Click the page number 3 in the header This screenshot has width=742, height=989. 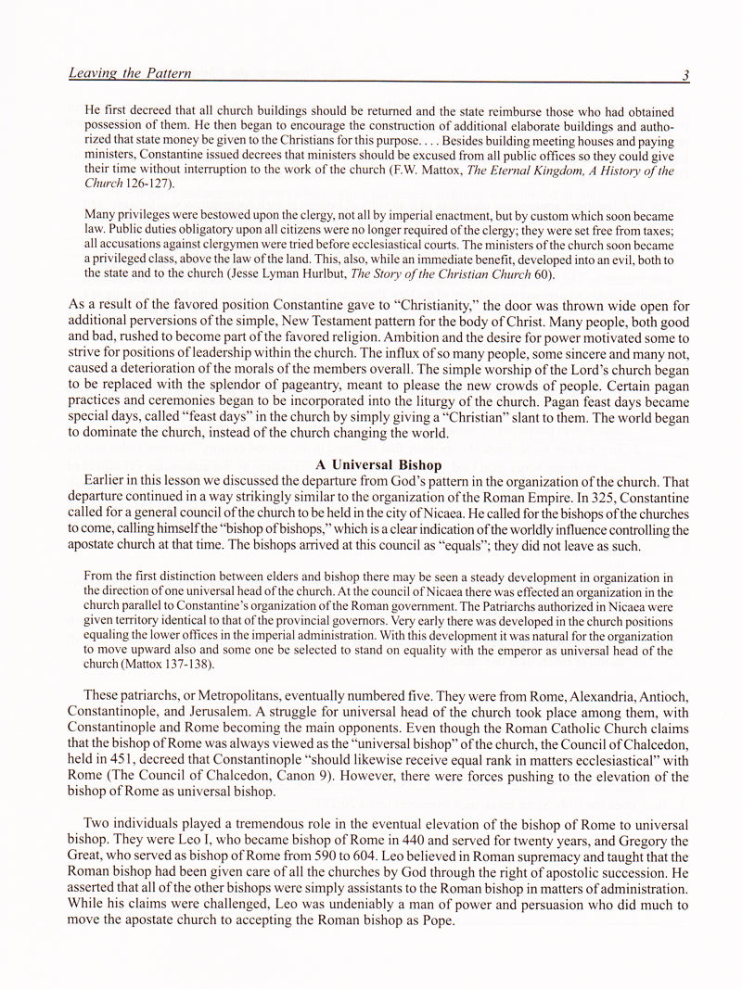pyautogui.click(x=684, y=75)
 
